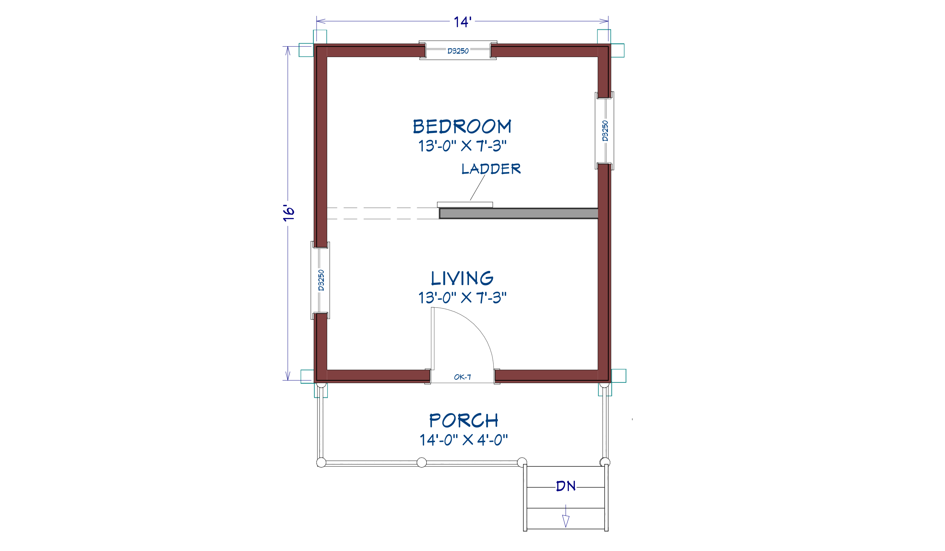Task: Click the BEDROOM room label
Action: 462,127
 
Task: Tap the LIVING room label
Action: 462,278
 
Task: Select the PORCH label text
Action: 464,420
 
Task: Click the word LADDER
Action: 491,169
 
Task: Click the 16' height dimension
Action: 289,213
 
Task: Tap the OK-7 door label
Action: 462,377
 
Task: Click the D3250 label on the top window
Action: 458,51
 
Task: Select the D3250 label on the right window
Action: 605,131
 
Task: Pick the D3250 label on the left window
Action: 321,280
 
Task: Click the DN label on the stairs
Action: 566,486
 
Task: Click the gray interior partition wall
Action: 519,213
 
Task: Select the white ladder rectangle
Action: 465,205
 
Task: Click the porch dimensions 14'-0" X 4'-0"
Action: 464,440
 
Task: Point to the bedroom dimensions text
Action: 462,146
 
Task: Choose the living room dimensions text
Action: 462,298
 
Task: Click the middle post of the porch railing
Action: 422,462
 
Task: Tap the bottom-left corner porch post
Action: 321,462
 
